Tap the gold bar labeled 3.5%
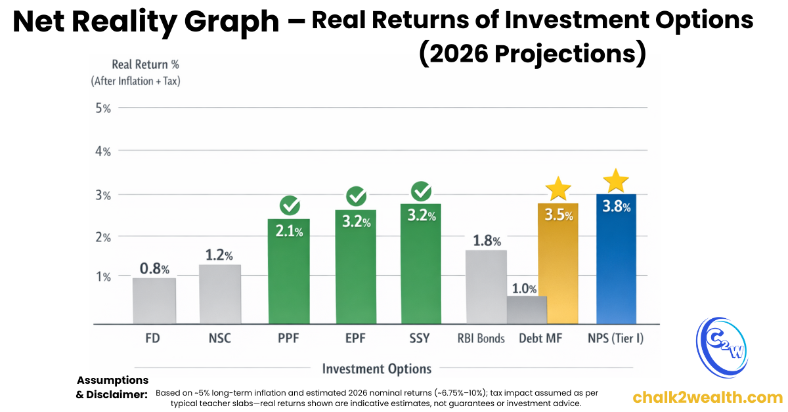coord(558,269)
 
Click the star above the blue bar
coord(616,180)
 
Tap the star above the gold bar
coord(558,188)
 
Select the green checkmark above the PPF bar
coord(290,205)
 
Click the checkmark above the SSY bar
coord(421,192)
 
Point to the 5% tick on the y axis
coord(103,108)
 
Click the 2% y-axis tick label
coord(103,237)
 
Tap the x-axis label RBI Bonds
coord(481,339)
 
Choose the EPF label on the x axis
coord(355,339)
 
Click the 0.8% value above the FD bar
coord(154,268)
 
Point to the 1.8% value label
coord(487,241)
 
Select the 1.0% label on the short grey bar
coord(525,289)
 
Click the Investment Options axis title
coord(377,368)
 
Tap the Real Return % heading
coord(145,64)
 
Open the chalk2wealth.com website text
coord(707,397)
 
